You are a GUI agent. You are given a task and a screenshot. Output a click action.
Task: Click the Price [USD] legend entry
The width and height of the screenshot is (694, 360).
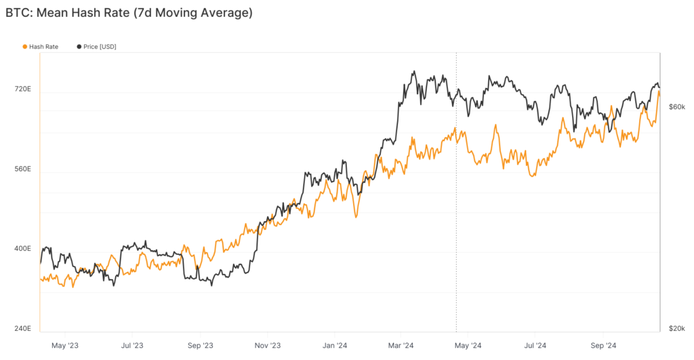click(x=100, y=46)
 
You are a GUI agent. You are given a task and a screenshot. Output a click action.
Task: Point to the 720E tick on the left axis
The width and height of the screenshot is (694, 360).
click(x=23, y=89)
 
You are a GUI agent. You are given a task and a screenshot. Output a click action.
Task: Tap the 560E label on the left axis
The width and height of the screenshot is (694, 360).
click(x=23, y=169)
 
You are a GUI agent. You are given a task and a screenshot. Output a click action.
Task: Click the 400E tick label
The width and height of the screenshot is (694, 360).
click(x=23, y=249)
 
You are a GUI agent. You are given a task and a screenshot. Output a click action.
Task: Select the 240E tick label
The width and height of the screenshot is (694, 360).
click(x=23, y=329)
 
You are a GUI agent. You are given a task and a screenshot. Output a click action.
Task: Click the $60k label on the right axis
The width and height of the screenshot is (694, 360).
click(x=677, y=106)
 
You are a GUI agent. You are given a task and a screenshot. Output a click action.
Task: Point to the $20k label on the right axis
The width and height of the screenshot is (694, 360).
click(x=677, y=328)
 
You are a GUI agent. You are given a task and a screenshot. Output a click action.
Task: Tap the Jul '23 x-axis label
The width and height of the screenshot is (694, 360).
click(x=131, y=345)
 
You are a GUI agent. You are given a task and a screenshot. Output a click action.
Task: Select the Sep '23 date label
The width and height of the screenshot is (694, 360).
click(x=199, y=345)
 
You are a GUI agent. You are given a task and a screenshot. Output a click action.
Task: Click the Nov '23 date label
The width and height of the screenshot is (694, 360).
click(x=267, y=345)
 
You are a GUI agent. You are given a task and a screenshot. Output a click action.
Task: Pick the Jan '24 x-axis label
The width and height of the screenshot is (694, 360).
click(x=334, y=345)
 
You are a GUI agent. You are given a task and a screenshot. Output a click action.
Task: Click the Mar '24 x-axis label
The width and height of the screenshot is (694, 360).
click(x=401, y=345)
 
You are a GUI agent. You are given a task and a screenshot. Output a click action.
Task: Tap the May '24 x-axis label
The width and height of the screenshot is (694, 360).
click(x=468, y=345)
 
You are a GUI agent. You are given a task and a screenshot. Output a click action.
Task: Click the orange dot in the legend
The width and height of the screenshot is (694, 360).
click(x=25, y=46)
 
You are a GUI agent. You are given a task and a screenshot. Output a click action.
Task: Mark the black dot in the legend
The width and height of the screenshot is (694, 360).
click(x=79, y=46)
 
